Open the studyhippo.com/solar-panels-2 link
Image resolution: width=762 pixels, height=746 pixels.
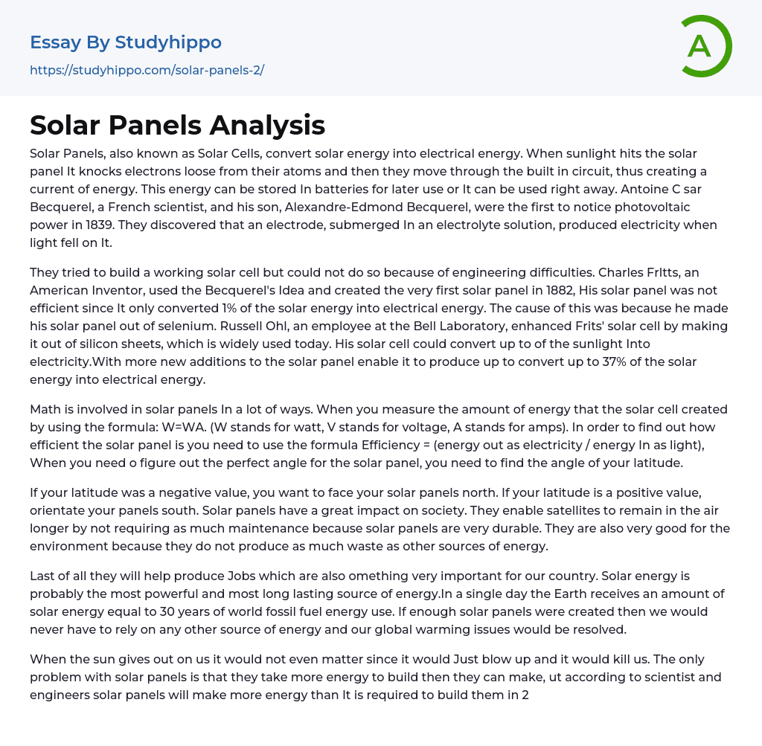tap(147, 70)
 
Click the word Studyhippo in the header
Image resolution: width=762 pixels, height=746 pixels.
tap(169, 42)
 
